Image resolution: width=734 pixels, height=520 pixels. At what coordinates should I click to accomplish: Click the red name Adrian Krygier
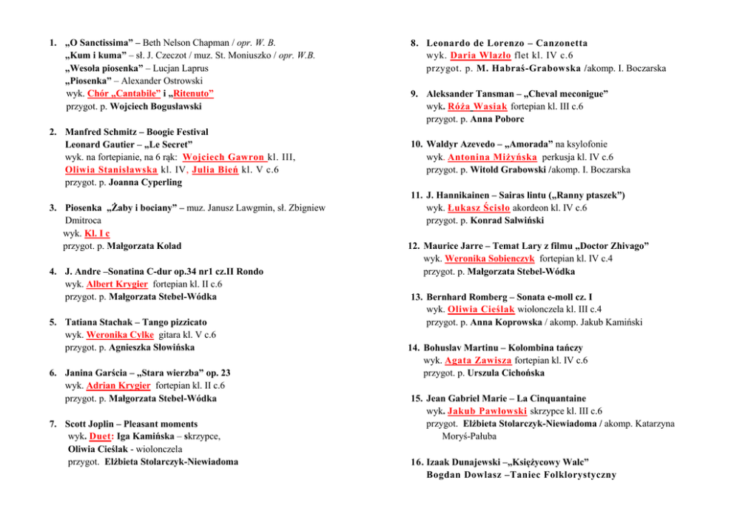click(x=118, y=386)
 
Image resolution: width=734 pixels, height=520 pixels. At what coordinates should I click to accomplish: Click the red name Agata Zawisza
click(x=479, y=360)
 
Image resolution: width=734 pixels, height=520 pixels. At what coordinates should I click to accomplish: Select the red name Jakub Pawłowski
click(x=488, y=411)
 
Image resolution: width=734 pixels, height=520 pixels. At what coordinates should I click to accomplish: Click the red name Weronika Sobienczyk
click(x=489, y=259)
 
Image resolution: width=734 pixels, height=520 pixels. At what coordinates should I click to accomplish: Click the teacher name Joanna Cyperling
click(x=145, y=182)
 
